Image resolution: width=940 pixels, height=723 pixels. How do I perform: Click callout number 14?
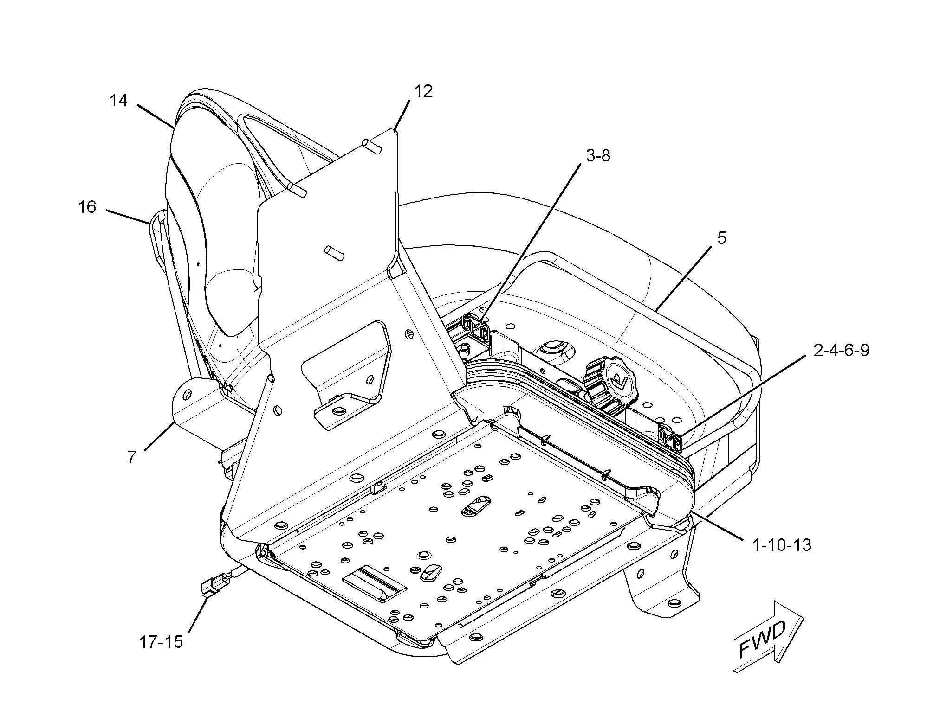point(118,100)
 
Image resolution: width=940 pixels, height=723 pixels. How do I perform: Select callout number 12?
point(423,91)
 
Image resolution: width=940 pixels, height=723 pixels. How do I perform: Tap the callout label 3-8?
point(598,156)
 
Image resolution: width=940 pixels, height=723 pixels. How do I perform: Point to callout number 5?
point(721,238)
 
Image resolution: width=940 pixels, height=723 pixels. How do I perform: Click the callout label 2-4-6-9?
point(841,350)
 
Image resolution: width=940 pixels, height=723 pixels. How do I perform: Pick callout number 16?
point(87,207)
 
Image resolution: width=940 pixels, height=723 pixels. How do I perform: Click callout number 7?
point(132,457)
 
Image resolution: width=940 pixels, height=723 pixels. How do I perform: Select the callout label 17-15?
point(161,642)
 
